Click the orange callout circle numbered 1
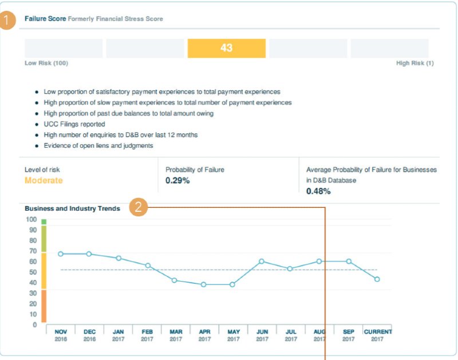[x=8, y=22]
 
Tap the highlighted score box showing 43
[x=226, y=48]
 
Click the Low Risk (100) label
[x=46, y=63]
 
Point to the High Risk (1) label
[x=414, y=63]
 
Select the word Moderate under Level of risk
[x=44, y=180]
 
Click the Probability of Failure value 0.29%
[x=177, y=180]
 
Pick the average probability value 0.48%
[x=318, y=191]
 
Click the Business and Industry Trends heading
[x=72, y=208]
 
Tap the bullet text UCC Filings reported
[x=74, y=124]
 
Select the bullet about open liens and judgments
[x=98, y=146]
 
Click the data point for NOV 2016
[x=61, y=254]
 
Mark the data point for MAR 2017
[x=175, y=280]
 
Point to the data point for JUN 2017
[x=262, y=261]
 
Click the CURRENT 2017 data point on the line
[x=377, y=279]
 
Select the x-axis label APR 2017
[x=204, y=335]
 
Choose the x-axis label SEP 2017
[x=348, y=335]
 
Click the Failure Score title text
[x=45, y=19]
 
